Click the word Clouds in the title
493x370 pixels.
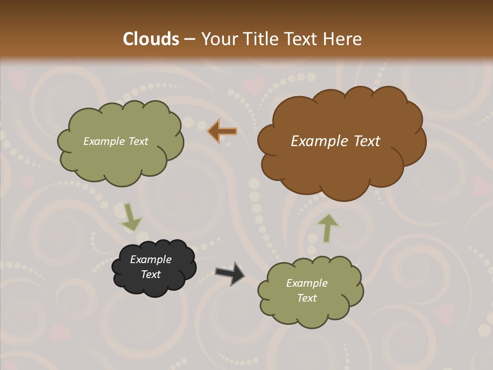coord(151,39)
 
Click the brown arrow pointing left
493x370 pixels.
coord(222,132)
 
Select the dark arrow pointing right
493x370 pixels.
coord(230,273)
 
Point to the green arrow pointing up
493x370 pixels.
coord(327,228)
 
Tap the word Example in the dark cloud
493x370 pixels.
coord(150,260)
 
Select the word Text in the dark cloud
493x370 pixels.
coord(151,274)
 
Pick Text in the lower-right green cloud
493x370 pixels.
coord(307,298)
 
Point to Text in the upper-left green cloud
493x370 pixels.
coord(138,141)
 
